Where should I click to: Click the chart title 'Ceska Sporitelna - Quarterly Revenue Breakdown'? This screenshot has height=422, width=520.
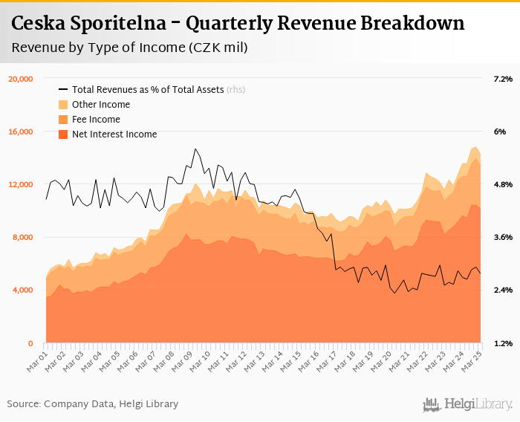(238, 24)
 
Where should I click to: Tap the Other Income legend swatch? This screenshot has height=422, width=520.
(63, 105)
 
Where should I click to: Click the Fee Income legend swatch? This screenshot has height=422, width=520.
(63, 120)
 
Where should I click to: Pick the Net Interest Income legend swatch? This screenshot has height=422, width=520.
(63, 134)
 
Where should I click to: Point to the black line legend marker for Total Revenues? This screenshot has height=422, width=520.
(63, 90)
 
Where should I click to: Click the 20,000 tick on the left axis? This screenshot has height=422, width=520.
(21, 79)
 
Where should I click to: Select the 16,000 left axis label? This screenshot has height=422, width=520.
(21, 132)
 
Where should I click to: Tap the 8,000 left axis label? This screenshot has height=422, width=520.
(23, 238)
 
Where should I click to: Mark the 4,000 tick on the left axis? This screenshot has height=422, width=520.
(23, 290)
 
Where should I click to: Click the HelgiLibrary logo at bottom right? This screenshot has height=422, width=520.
(467, 405)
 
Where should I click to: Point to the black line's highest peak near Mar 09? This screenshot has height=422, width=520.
(195, 149)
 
